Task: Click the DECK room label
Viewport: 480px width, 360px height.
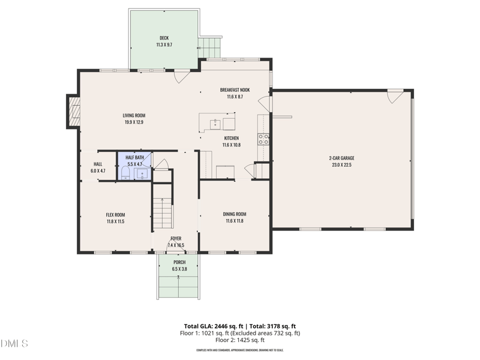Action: click(x=164, y=38)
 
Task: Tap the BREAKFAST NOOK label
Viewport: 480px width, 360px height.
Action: click(x=235, y=90)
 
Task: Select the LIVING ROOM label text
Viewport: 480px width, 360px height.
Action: click(x=134, y=115)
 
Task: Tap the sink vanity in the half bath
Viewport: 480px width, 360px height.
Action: click(x=143, y=174)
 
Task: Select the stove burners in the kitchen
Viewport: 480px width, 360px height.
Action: click(x=263, y=139)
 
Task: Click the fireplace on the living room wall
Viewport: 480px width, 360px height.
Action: click(x=74, y=112)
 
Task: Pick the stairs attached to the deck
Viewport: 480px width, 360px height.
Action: click(x=211, y=46)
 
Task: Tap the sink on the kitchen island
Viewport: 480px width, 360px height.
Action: click(x=214, y=124)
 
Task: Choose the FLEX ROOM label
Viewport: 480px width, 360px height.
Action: click(x=115, y=215)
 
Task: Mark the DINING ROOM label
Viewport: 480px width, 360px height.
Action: click(x=235, y=214)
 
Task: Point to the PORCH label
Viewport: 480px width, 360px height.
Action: click(x=179, y=262)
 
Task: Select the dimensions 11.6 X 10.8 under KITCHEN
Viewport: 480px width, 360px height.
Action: click(x=231, y=145)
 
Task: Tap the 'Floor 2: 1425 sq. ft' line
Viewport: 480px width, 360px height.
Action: click(x=240, y=340)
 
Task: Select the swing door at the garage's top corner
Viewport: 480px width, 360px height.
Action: click(x=395, y=95)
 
